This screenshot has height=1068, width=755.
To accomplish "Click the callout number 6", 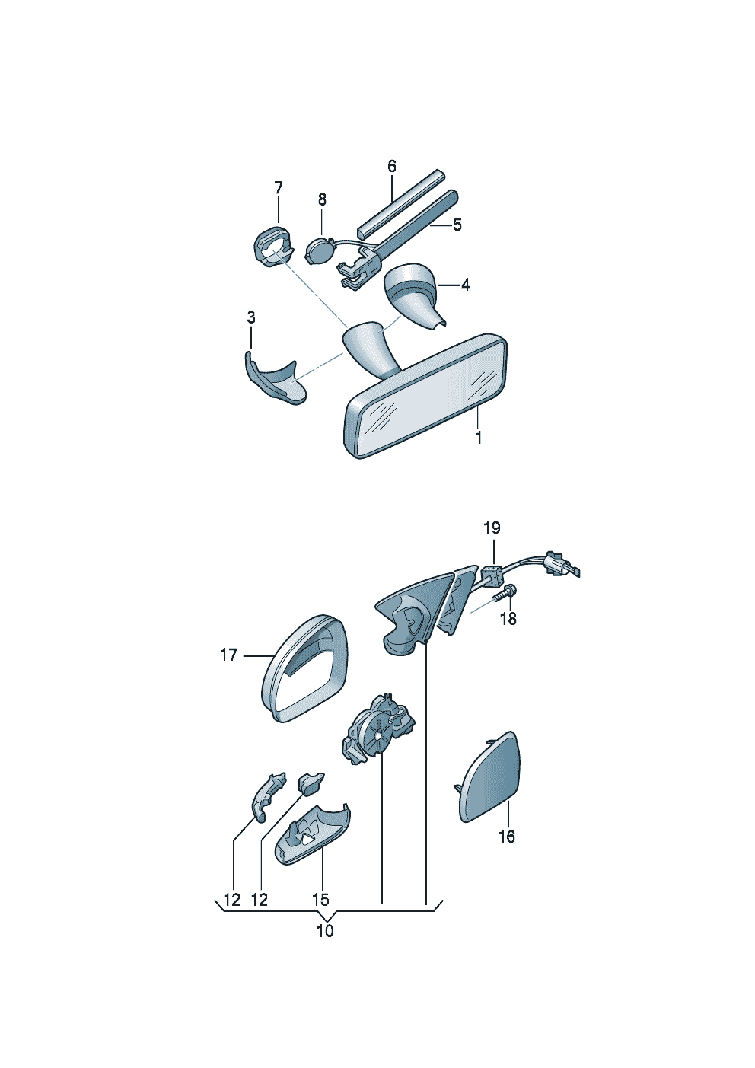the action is tap(391, 167).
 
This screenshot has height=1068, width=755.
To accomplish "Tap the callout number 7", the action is tap(279, 188).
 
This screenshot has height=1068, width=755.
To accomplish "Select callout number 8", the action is tap(322, 199).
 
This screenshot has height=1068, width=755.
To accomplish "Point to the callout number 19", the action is tap(492, 528).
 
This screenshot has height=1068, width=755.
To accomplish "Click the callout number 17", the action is tap(229, 655).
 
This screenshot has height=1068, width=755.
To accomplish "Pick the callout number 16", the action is tap(507, 837).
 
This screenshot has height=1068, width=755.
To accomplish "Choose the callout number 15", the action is tap(320, 900).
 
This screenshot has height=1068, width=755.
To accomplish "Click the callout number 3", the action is tap(251, 317).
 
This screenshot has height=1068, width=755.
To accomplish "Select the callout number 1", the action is tap(479, 438).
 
